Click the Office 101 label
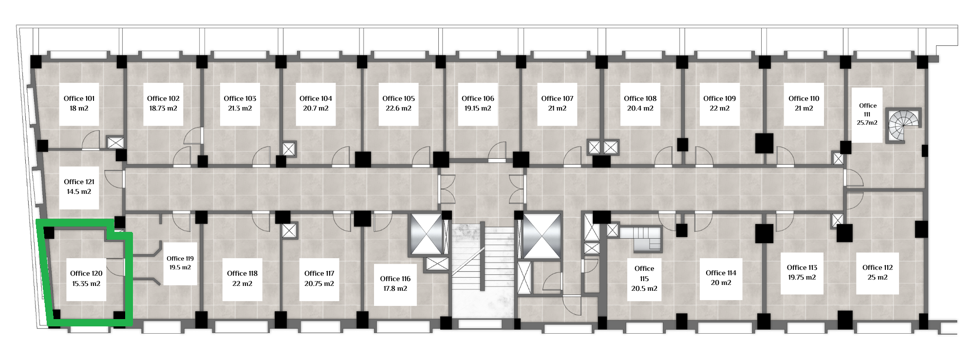79,98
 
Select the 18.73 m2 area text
163,109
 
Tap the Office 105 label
398,98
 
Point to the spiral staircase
903,125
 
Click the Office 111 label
867,110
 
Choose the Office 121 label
79,182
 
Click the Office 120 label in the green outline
86,273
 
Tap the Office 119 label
180,259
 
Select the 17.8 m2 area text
395,289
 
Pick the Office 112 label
878,267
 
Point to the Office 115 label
644,273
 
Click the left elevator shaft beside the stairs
426,234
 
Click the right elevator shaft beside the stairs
542,236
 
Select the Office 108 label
640,98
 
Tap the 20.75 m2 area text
319,284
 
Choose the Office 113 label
802,267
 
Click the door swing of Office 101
91,140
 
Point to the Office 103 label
240,98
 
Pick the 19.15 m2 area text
478,109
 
